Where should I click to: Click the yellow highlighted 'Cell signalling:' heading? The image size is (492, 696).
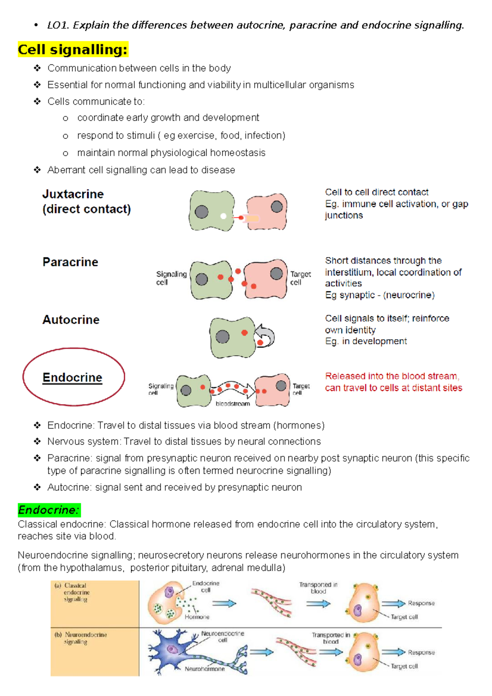[x=73, y=50]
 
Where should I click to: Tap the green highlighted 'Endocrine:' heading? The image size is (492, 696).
[x=49, y=510]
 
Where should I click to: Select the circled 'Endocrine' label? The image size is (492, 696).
[x=73, y=378]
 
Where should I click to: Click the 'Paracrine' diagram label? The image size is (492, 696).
[x=71, y=262]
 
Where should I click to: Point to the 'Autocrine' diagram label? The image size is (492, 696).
[x=71, y=320]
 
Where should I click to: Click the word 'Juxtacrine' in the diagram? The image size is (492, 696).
[x=73, y=194]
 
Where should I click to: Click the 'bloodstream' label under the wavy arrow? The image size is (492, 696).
[x=232, y=404]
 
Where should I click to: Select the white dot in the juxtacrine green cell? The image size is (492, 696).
[x=223, y=216]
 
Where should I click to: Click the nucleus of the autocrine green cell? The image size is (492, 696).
[x=222, y=337]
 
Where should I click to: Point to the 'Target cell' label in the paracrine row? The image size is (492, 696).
[x=300, y=278]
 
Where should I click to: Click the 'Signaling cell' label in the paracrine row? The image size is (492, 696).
[x=171, y=278]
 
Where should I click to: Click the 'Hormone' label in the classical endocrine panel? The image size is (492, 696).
[x=197, y=617]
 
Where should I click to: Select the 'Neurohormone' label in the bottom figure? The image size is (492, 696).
[x=205, y=669]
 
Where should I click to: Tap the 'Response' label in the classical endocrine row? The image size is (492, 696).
[x=421, y=603]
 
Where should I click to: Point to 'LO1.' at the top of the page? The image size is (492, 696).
[x=57, y=25]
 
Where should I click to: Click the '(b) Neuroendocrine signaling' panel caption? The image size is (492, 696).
[x=81, y=638]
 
